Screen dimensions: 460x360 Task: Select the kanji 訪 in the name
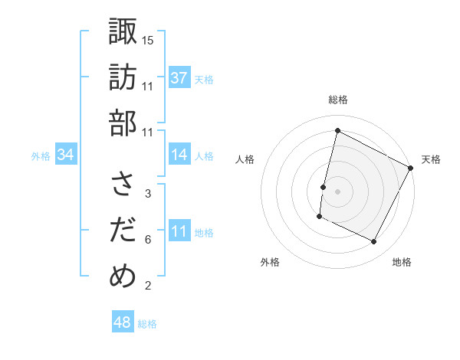123,77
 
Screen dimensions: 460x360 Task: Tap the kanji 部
123,123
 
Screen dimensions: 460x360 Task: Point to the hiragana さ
123,185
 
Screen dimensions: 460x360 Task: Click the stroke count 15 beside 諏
149,40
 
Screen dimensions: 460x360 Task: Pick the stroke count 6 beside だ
148,239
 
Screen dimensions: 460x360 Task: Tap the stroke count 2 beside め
148,286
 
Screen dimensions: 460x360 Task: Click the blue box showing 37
179,77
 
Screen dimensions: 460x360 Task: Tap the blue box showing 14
179,155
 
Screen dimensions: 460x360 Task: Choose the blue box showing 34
66,155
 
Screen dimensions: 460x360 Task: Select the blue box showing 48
122,322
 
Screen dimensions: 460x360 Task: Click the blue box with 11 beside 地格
179,231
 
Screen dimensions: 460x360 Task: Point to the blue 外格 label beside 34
41,156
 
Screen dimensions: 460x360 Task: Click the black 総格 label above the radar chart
337,100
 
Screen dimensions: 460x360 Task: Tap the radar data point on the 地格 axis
374,242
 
